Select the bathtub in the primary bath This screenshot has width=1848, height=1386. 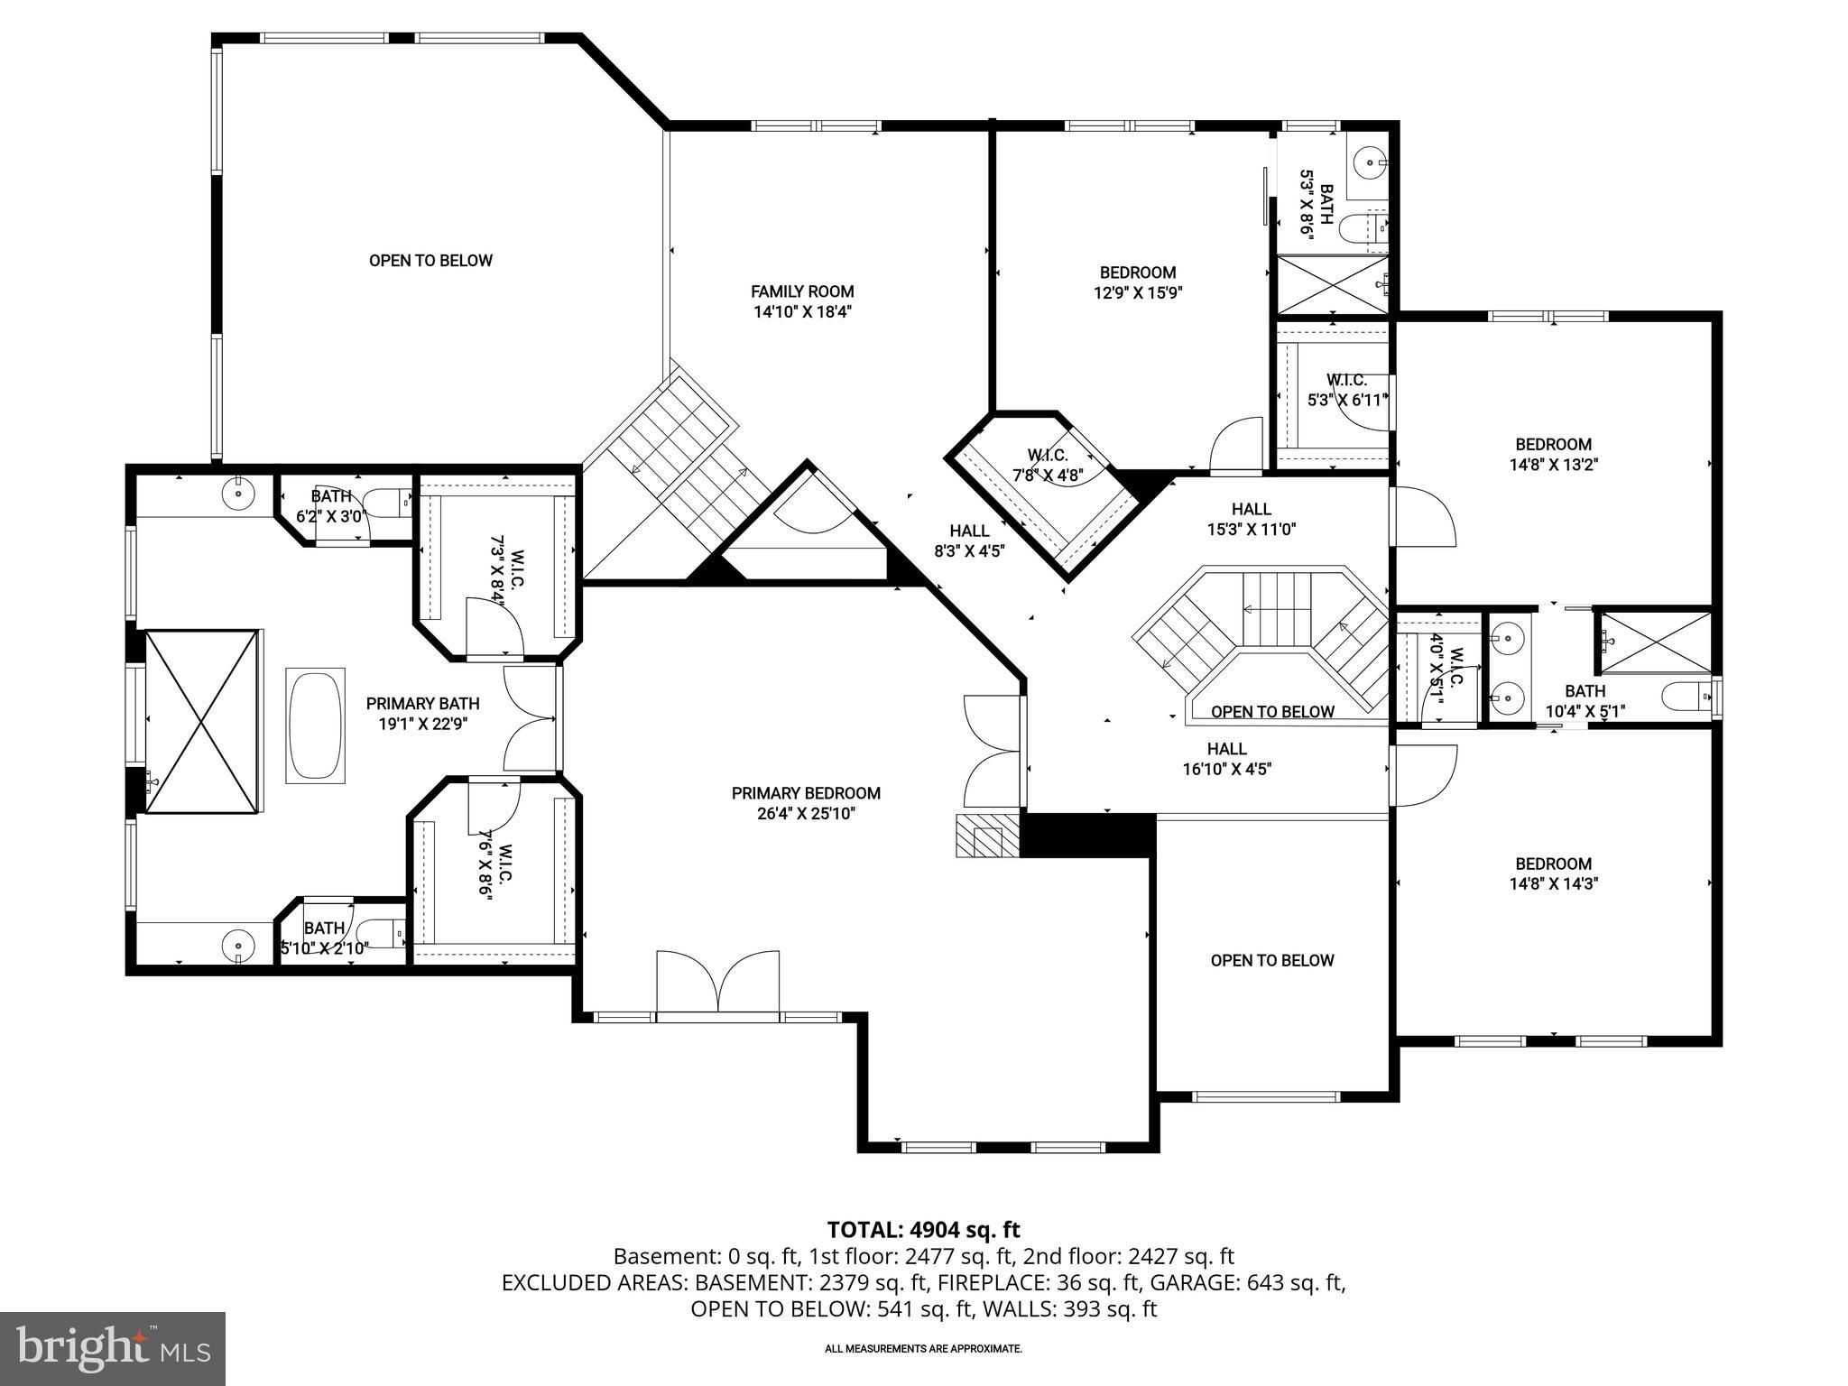pos(315,725)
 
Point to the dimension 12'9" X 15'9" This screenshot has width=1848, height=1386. pos(1137,292)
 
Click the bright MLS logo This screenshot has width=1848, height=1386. pos(113,1348)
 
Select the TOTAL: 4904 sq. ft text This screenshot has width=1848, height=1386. pos(923,1229)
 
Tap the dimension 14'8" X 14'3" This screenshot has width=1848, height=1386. pos(1553,884)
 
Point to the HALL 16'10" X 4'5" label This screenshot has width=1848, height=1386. pos(1227,759)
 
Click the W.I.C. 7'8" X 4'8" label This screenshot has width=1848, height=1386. pos(1048,465)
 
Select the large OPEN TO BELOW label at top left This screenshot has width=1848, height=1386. pos(430,261)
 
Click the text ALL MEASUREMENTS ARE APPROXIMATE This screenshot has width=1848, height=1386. pos(923,1349)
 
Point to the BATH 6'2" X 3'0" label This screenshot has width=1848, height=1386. pos(330,506)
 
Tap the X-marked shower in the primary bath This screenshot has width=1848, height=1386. pos(202,723)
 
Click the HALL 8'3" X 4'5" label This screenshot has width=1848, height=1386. pos(969,541)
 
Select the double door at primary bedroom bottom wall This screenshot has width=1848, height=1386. pos(718,983)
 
